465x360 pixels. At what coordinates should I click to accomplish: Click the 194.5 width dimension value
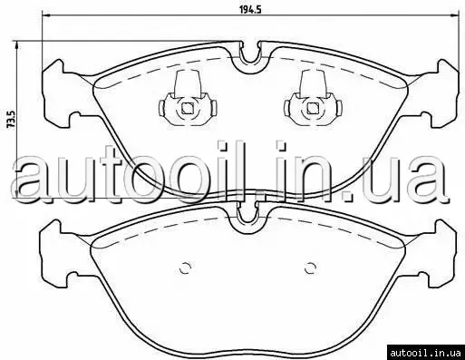click(x=250, y=9)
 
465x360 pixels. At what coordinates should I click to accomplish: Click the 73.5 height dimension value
click(x=11, y=120)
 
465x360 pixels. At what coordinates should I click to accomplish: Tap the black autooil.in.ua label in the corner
click(x=425, y=353)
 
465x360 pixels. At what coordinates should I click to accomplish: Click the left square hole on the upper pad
click(x=188, y=108)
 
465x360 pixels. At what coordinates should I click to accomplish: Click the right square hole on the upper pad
click(x=313, y=108)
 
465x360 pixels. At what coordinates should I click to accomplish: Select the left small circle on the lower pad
click(x=185, y=268)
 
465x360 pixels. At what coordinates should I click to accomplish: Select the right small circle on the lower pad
click(x=310, y=268)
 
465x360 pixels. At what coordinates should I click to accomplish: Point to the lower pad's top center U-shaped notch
click(x=247, y=222)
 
